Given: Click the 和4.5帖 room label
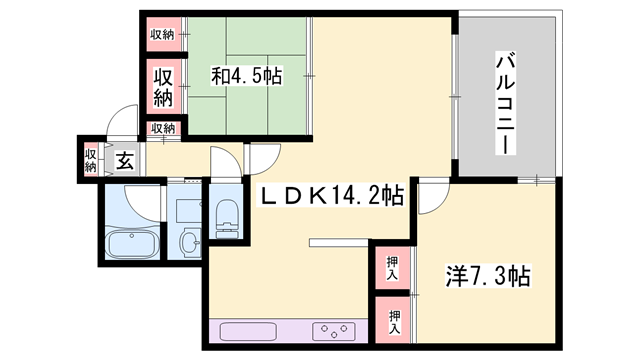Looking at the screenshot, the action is pos(247,76).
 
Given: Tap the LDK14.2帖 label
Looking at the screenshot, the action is pos(332,196).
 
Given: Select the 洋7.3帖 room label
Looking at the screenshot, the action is pos(488,276).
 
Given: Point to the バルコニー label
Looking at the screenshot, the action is pos(505,103).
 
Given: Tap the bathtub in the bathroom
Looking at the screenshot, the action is pos(132,244).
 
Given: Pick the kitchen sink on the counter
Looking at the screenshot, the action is pos(248,332).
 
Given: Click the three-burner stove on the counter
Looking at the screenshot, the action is pos(334,332).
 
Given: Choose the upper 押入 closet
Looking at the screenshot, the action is pos(392,268).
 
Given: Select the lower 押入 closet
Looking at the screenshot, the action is pos(392,320).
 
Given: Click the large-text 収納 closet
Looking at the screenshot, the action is pos(163,87).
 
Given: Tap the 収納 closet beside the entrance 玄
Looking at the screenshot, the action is pos(90,160).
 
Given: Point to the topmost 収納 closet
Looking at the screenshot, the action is pos(163,34).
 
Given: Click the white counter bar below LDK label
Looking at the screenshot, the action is pos(339,243).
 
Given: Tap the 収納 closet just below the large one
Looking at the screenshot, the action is pos(163,128).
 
